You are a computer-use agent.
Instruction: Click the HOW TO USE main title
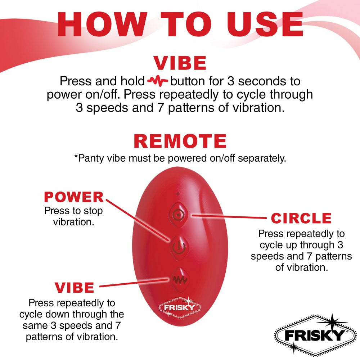coord(180,24)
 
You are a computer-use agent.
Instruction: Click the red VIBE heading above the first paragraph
coord(180,63)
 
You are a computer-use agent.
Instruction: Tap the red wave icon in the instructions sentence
coord(158,81)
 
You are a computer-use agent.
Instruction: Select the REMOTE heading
coord(180,141)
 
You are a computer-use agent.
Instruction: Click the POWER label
coord(73,197)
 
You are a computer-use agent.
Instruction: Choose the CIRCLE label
coord(301,218)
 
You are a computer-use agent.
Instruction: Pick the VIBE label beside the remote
coord(74,287)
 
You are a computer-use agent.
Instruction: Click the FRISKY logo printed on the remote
coord(179,307)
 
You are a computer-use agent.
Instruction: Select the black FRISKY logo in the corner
coord(311,336)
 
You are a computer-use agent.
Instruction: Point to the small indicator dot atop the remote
coord(177,194)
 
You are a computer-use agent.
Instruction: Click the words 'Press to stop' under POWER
coord(73,211)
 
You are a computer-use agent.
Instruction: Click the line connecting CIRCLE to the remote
coord(230,217)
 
